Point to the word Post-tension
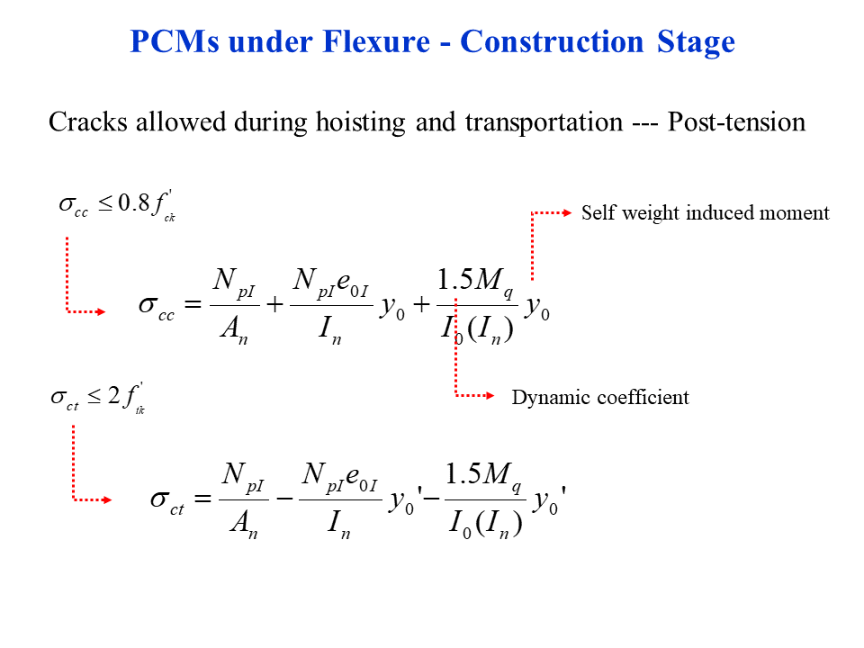coord(736,121)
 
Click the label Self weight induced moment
coord(705,213)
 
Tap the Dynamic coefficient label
coord(600,397)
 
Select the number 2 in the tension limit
coord(114,397)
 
